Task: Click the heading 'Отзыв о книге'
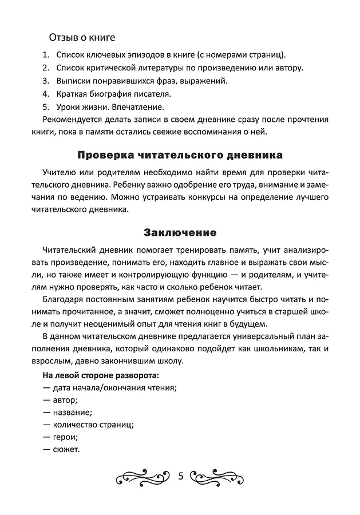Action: [82, 38]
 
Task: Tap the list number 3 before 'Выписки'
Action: [45, 81]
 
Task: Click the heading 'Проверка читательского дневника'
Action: [179, 155]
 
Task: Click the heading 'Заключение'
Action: [180, 233]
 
